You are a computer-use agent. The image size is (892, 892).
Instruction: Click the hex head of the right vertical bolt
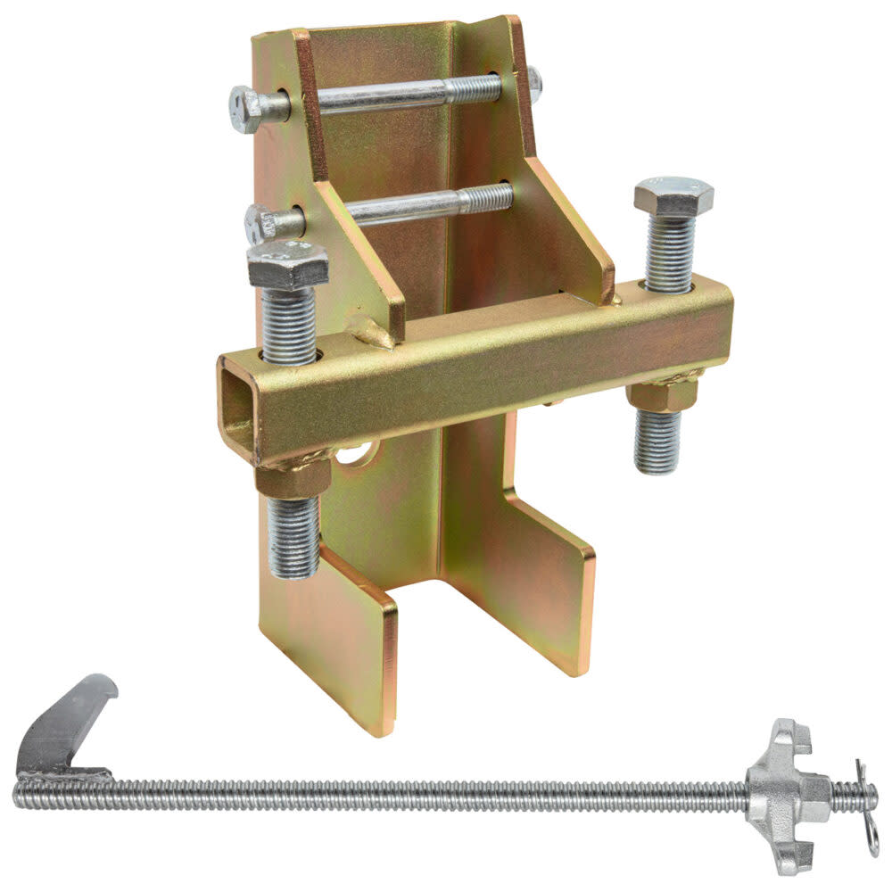click(674, 196)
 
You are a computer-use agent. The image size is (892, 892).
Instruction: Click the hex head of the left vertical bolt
click(287, 264)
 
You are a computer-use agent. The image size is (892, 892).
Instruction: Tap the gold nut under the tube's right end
click(662, 392)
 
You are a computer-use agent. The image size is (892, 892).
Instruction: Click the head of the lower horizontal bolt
click(260, 220)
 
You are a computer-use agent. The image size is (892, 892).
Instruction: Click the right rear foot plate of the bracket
click(535, 580)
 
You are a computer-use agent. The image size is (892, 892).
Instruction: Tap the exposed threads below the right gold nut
click(658, 442)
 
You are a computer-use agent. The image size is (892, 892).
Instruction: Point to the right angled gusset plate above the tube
click(571, 232)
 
